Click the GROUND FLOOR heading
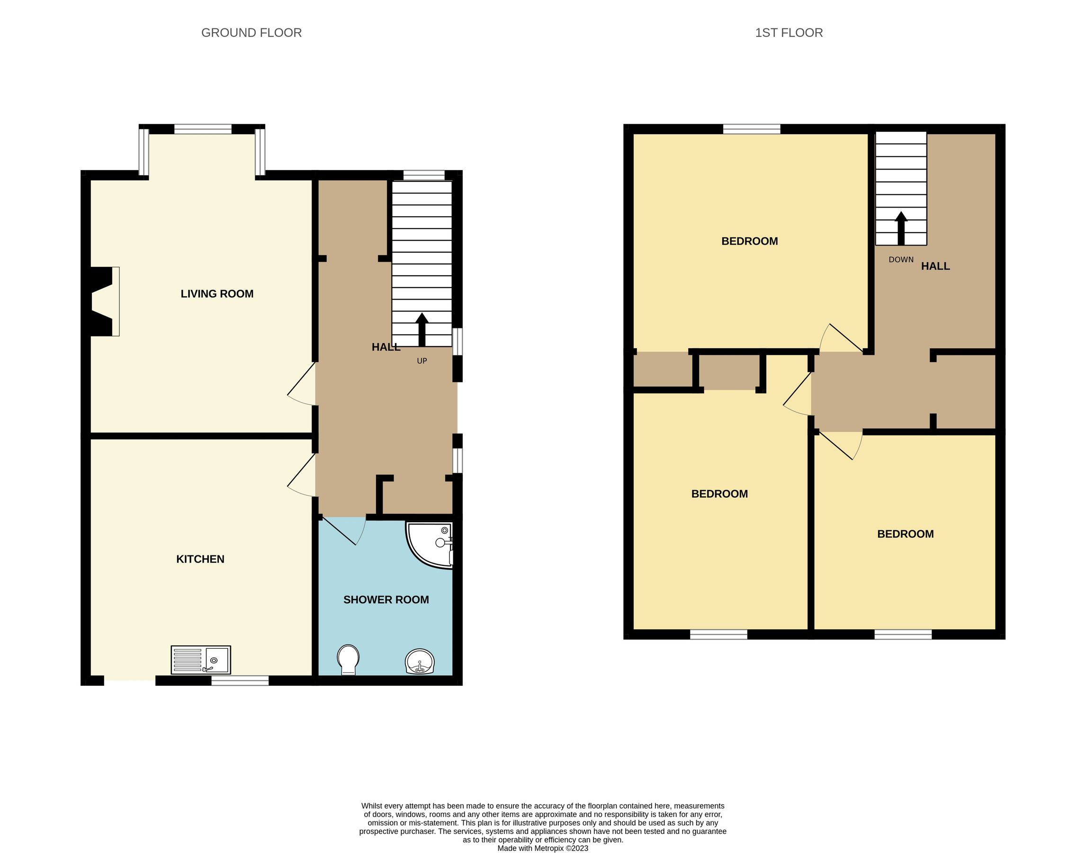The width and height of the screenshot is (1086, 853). [x=251, y=33]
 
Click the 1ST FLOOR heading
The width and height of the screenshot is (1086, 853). [x=789, y=33]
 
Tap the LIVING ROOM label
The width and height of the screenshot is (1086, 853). [x=216, y=294]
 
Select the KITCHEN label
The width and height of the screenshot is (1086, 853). [x=200, y=559]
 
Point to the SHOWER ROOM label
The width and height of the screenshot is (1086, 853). [x=386, y=599]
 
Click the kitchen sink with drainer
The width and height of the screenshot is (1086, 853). [x=201, y=660]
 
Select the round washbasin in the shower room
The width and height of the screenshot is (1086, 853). [x=419, y=661]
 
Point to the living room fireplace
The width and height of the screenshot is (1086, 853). [x=104, y=301]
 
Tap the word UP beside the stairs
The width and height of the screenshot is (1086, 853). [x=422, y=361]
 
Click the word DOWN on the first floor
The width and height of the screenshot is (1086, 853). [x=901, y=259]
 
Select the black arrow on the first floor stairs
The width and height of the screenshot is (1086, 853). [x=901, y=228]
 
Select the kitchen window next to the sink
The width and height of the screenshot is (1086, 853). [x=240, y=680]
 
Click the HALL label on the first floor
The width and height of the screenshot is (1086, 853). [x=935, y=266]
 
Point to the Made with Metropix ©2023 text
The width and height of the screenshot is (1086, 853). [x=542, y=848]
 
